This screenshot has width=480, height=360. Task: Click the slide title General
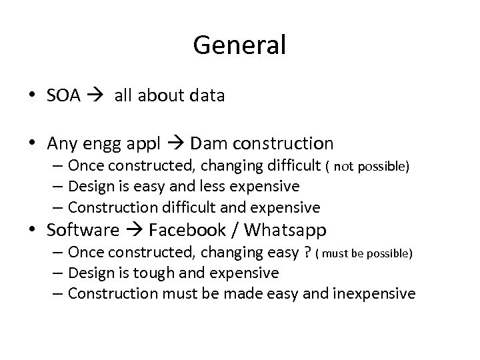(239, 45)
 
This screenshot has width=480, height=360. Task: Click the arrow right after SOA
(96, 97)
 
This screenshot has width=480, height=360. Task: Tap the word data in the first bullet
(206, 96)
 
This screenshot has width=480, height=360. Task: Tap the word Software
(83, 230)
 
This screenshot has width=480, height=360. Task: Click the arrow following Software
(134, 231)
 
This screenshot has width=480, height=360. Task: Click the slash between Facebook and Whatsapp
(236, 230)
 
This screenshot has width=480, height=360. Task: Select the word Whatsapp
(285, 231)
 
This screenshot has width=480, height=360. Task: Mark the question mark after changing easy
(306, 253)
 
